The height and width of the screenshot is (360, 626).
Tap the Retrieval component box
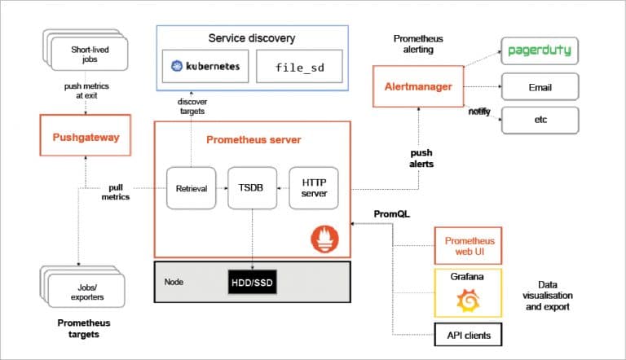[x=192, y=188]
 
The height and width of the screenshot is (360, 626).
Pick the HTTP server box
[x=314, y=188]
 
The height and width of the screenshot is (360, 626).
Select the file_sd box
[x=299, y=67]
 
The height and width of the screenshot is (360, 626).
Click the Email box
[x=539, y=86]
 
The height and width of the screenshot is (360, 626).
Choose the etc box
[x=539, y=120]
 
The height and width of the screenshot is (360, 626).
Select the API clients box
[x=468, y=334]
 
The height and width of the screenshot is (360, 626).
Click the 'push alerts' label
[x=421, y=158]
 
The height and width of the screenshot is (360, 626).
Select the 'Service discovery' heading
[x=252, y=38]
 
